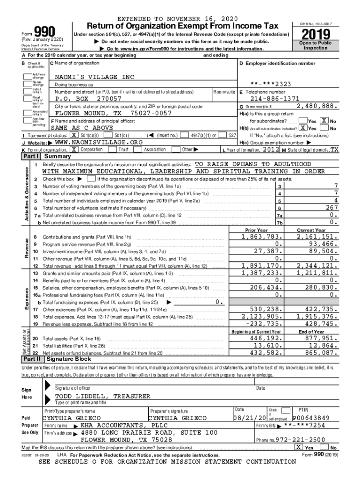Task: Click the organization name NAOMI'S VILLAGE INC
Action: point(94,77)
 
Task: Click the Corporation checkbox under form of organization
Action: point(74,149)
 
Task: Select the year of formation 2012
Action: point(271,149)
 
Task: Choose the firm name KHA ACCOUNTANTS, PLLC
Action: point(121,426)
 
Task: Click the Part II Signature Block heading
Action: point(68,359)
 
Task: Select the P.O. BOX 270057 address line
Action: point(88,99)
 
